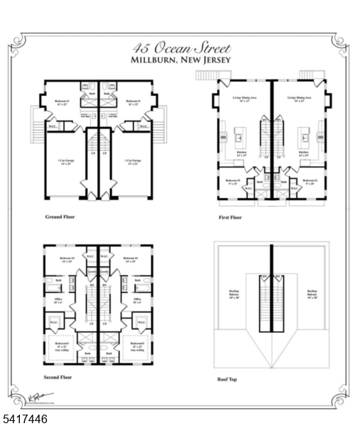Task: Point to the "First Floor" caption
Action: (x=229, y=217)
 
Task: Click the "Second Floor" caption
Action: (x=58, y=377)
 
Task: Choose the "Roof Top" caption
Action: (x=227, y=379)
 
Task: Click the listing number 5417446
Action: (x=25, y=420)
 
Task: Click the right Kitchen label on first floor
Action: (x=304, y=153)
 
